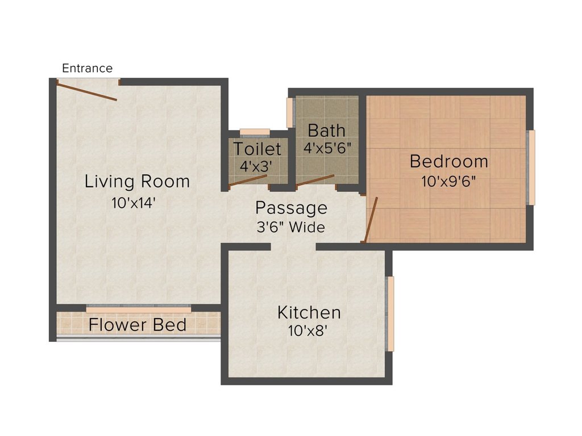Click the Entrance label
coord(87,68)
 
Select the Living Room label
coord(137,182)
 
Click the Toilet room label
coord(257,149)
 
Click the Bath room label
coord(326,130)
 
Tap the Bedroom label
coord(448,162)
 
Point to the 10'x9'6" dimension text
coord(448,182)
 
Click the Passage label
coord(291,208)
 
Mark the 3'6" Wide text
coord(291,228)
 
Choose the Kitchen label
coord(309,312)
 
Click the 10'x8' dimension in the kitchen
coord(309,330)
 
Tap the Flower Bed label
coord(138,325)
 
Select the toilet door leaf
coord(248,181)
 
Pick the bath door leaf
coord(315,180)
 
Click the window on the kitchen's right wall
coord(390,313)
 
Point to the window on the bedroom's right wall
coord(531,167)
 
